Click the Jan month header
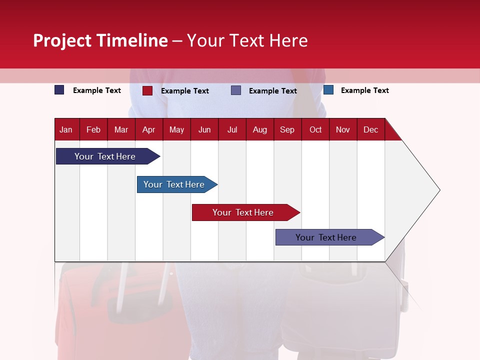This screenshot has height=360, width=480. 66,130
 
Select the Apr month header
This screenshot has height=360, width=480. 148,130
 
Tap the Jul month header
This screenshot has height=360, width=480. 232,130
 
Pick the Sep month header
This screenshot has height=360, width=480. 287,130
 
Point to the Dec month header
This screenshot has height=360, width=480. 370,130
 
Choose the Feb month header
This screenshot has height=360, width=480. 93,130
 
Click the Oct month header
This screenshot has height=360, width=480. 315,130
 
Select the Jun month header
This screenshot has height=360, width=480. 204,130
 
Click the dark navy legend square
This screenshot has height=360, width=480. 59,90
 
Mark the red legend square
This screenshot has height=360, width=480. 147,90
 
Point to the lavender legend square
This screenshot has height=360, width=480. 236,90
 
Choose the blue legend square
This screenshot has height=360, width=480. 328,90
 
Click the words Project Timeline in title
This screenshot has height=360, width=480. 100,40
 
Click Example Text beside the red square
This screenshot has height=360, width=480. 185,91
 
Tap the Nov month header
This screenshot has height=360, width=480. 343,130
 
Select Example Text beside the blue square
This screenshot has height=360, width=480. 365,90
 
